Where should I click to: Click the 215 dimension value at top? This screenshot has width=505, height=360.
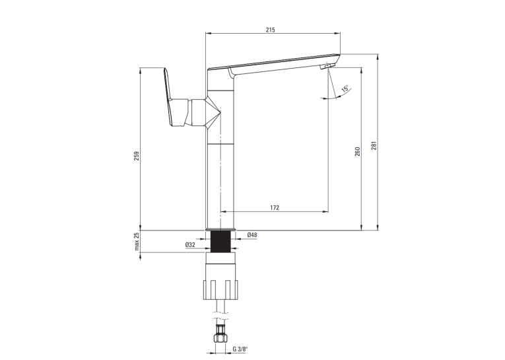[271, 30]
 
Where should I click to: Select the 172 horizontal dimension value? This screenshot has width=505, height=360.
[275, 207]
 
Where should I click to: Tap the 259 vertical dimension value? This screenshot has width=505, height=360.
[137, 157]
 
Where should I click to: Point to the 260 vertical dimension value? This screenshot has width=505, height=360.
[358, 151]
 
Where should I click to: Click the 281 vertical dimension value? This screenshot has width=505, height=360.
[374, 146]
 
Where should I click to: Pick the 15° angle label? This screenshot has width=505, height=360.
[345, 89]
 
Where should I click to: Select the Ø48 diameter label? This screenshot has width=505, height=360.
[252, 235]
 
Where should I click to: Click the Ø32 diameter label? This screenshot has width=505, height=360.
[190, 244]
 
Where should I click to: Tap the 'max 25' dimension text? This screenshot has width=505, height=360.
[137, 241]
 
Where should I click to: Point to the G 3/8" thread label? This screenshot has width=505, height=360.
[240, 349]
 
